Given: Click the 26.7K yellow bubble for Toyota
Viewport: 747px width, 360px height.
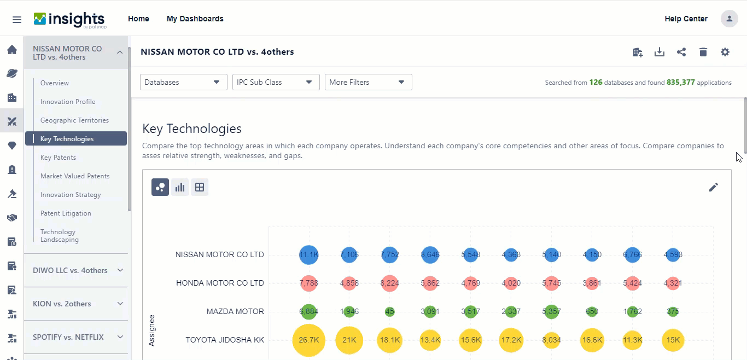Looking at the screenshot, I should pos(309,340).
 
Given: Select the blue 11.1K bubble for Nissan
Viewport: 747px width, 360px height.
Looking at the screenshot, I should pos(309,254).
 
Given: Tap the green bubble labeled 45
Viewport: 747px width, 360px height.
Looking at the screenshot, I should pos(389,312).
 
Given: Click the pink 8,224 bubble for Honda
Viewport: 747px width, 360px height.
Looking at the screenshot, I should pos(389,283).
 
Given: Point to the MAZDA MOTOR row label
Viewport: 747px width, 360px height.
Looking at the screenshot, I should pos(235,311).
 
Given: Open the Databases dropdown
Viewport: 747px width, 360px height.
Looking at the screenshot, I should pos(183,82).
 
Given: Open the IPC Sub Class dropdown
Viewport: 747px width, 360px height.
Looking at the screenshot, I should pos(276,82).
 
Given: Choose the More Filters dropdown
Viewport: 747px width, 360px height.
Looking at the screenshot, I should pos(368,82).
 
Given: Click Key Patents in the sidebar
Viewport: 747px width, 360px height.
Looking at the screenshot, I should pos(58,158).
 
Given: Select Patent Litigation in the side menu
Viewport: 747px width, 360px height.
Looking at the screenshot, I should pos(66,213).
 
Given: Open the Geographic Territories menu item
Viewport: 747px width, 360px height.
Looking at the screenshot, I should pos(74,120).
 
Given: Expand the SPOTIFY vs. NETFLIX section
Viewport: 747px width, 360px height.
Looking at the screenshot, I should pos(76,337).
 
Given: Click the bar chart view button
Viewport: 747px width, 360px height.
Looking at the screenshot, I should pos(180,187).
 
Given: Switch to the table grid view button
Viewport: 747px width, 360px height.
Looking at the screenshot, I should pos(200,187).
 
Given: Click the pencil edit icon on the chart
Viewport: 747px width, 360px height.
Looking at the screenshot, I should pos(713,187).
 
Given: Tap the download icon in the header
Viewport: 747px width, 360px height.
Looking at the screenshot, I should pos(660,52).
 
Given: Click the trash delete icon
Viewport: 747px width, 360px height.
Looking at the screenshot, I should pos(703,52).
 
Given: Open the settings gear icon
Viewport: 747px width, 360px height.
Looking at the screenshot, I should pos(725,52).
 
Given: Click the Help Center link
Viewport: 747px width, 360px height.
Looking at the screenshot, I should pos(686,19).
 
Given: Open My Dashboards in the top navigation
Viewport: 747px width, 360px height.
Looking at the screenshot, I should pos(195,19).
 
